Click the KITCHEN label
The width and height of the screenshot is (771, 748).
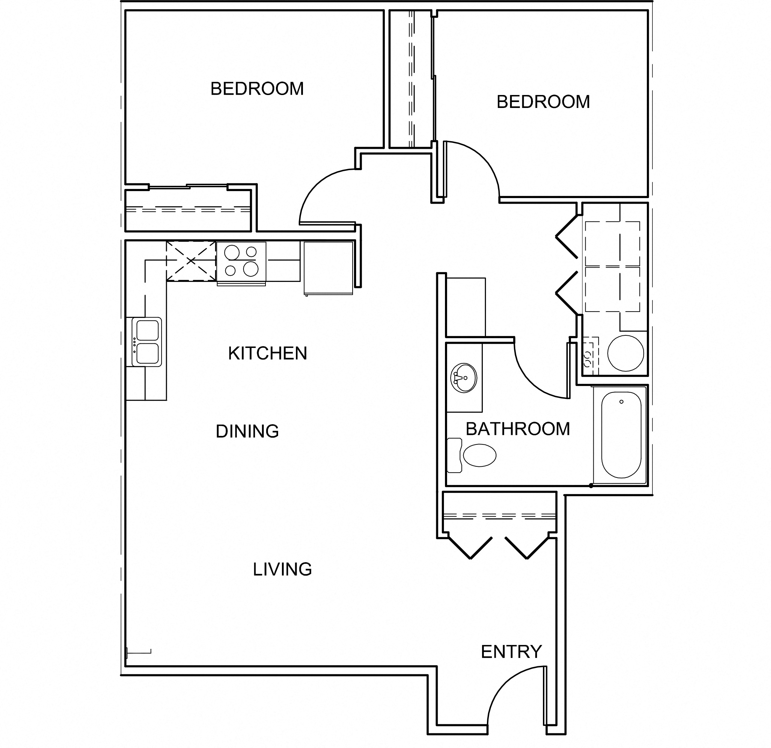click(x=268, y=353)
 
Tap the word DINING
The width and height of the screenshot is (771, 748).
click(x=247, y=431)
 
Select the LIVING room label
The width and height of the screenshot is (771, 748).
click(x=282, y=569)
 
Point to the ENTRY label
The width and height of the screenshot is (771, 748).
click(x=511, y=652)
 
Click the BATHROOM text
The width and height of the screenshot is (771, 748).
click(x=518, y=429)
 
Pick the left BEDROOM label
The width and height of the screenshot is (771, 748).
click(x=257, y=89)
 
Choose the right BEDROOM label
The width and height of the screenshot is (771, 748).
click(x=543, y=102)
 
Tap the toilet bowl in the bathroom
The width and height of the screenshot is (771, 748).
click(x=479, y=455)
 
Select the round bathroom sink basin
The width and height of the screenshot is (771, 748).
click(x=464, y=378)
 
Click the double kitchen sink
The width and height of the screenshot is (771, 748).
click(x=146, y=342)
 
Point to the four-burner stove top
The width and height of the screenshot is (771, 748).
click(x=241, y=261)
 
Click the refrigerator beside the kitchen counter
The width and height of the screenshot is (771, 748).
click(x=328, y=268)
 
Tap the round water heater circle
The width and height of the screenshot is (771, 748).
click(x=625, y=353)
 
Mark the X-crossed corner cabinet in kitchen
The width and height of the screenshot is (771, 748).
click(x=191, y=261)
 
